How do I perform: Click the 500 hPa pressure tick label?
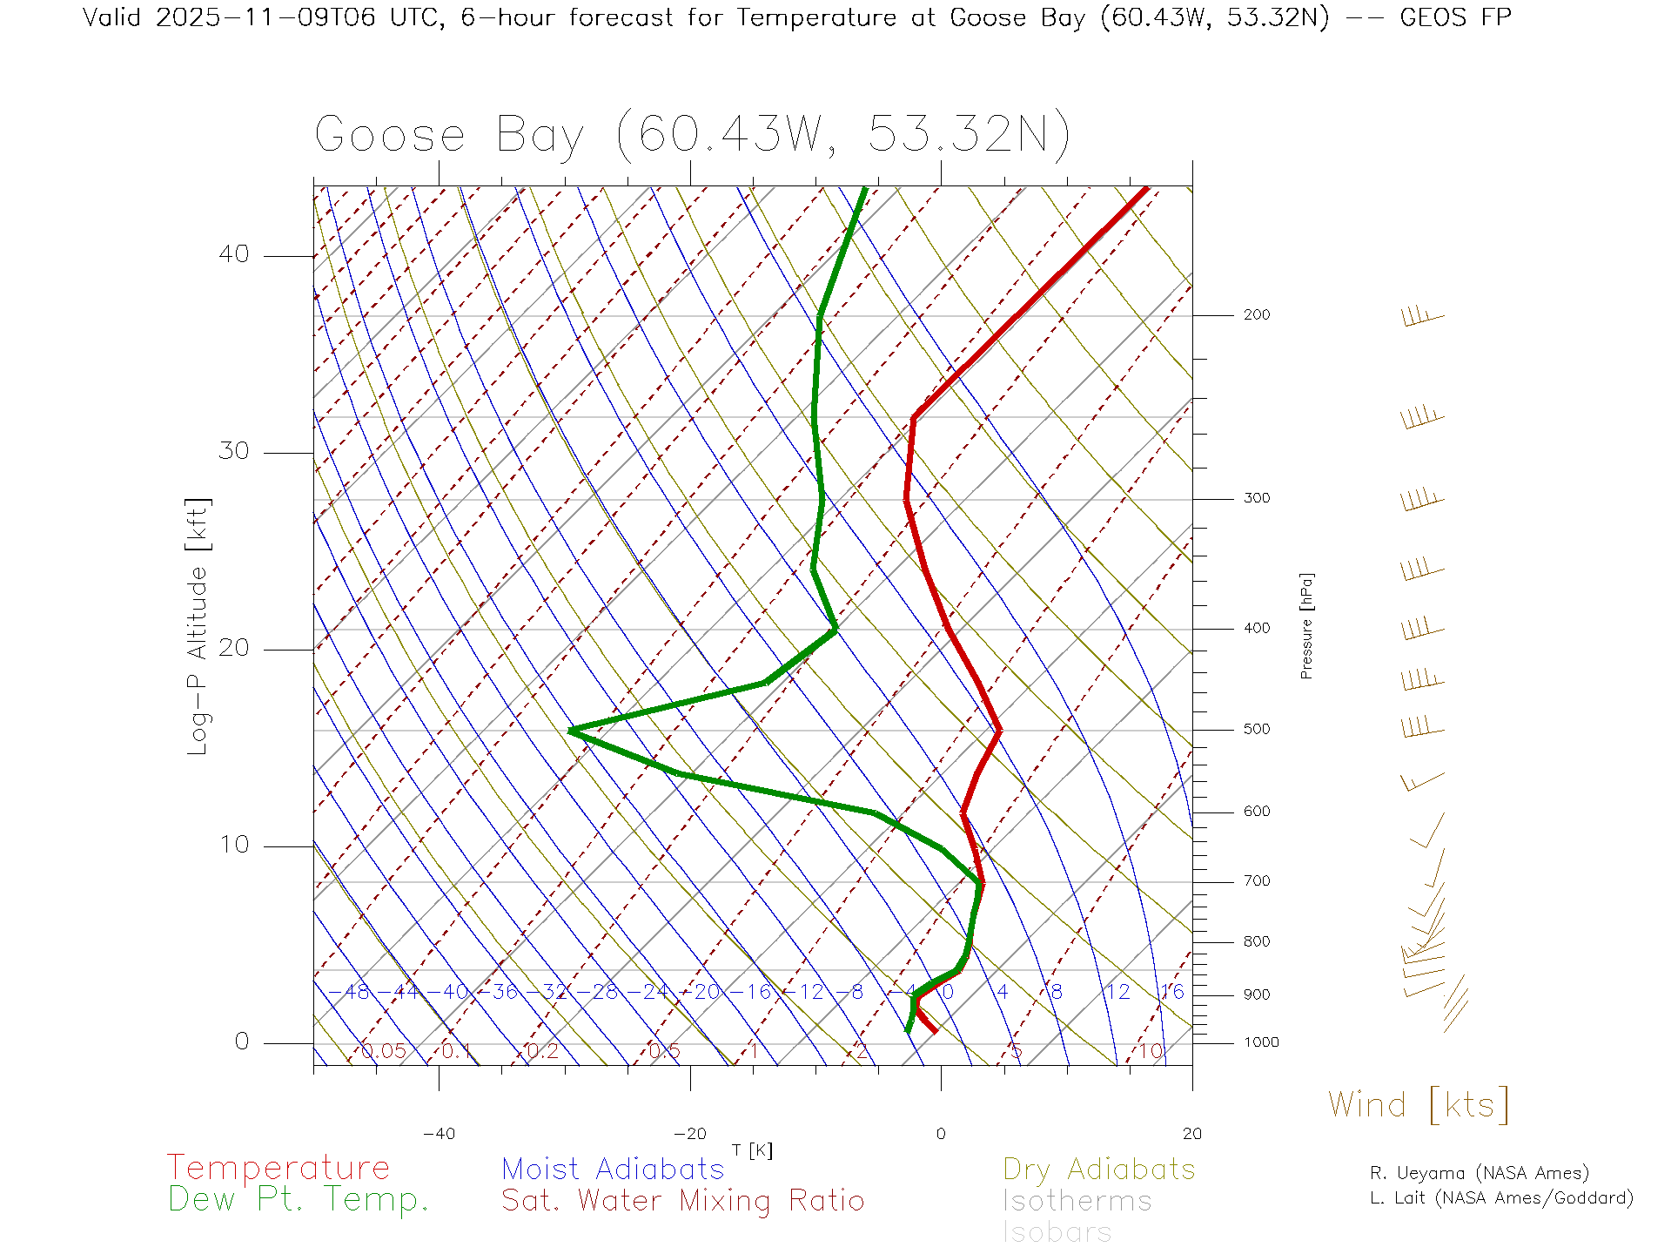pos(1257,729)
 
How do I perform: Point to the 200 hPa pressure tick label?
pos(1257,314)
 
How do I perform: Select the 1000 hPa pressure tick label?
pos(1261,1042)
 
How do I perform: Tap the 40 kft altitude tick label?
pos(233,254)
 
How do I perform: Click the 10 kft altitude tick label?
pos(233,845)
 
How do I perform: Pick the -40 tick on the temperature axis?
pos(439,1134)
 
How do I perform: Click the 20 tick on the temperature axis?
pos(1191,1134)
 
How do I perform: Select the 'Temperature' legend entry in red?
pos(278,1167)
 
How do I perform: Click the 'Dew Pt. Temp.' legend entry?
pos(299,1200)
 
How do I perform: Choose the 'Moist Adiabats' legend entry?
pos(613,1169)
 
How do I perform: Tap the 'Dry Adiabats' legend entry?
pos(1098,1169)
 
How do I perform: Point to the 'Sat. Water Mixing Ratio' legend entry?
pos(682,1200)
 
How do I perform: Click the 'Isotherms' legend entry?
pos(1077,1201)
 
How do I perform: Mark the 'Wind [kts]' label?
pos(1419,1104)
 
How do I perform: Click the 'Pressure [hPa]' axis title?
pos(1306,625)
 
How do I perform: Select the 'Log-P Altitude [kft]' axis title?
pos(198,626)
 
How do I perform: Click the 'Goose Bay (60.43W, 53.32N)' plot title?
pos(692,135)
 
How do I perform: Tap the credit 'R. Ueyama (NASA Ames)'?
pos(1479,1173)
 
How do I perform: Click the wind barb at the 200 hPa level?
pos(1422,317)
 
